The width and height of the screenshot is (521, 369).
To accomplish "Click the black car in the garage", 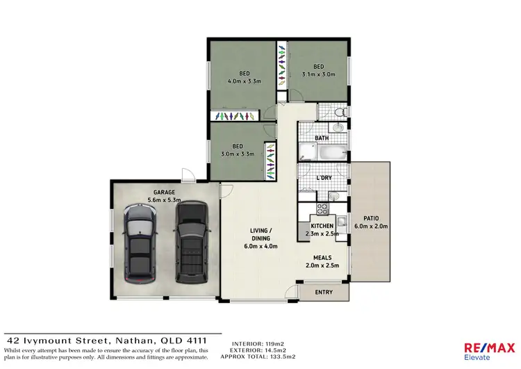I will [x=191, y=241].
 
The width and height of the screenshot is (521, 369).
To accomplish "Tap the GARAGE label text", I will [x=164, y=192].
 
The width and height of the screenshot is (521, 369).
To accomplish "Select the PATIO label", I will [x=370, y=218].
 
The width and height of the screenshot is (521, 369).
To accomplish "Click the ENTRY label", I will [x=324, y=292].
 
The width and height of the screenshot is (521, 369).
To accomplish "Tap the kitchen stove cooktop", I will [x=323, y=208].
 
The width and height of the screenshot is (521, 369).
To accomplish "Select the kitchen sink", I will [x=342, y=220].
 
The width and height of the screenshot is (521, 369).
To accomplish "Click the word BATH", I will [x=322, y=138].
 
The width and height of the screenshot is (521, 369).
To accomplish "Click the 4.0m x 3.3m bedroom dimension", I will [x=244, y=81].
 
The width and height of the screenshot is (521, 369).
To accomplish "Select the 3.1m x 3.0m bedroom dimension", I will [x=319, y=74].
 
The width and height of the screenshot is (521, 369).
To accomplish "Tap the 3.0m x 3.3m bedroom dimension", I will [x=238, y=154].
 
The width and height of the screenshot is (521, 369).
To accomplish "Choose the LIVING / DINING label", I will [x=260, y=238].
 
